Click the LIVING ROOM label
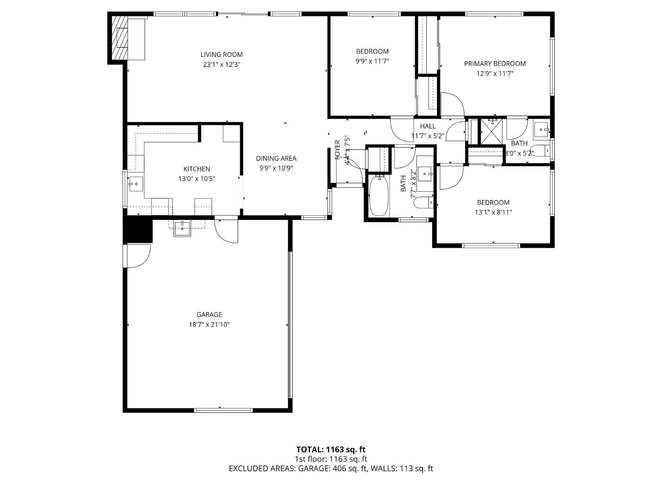coord(222,55)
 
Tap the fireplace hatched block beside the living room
coord(118,38)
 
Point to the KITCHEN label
coord(196,169)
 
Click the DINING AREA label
coord(276,158)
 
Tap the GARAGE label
coord(209,315)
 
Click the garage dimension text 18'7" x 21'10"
coord(209,325)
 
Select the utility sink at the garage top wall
coord(182,228)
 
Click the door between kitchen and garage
coord(226,230)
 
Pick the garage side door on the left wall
coord(138,256)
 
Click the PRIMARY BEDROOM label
coord(495,64)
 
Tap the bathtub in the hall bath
coord(379,196)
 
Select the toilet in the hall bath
coord(425,203)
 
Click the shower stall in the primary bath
coord(492,131)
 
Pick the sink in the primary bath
coord(541,130)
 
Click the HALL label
coord(428,127)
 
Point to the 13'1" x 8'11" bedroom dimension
coord(493,213)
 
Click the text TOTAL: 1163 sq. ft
coord(331,450)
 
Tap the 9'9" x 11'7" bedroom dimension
coord(372,61)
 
